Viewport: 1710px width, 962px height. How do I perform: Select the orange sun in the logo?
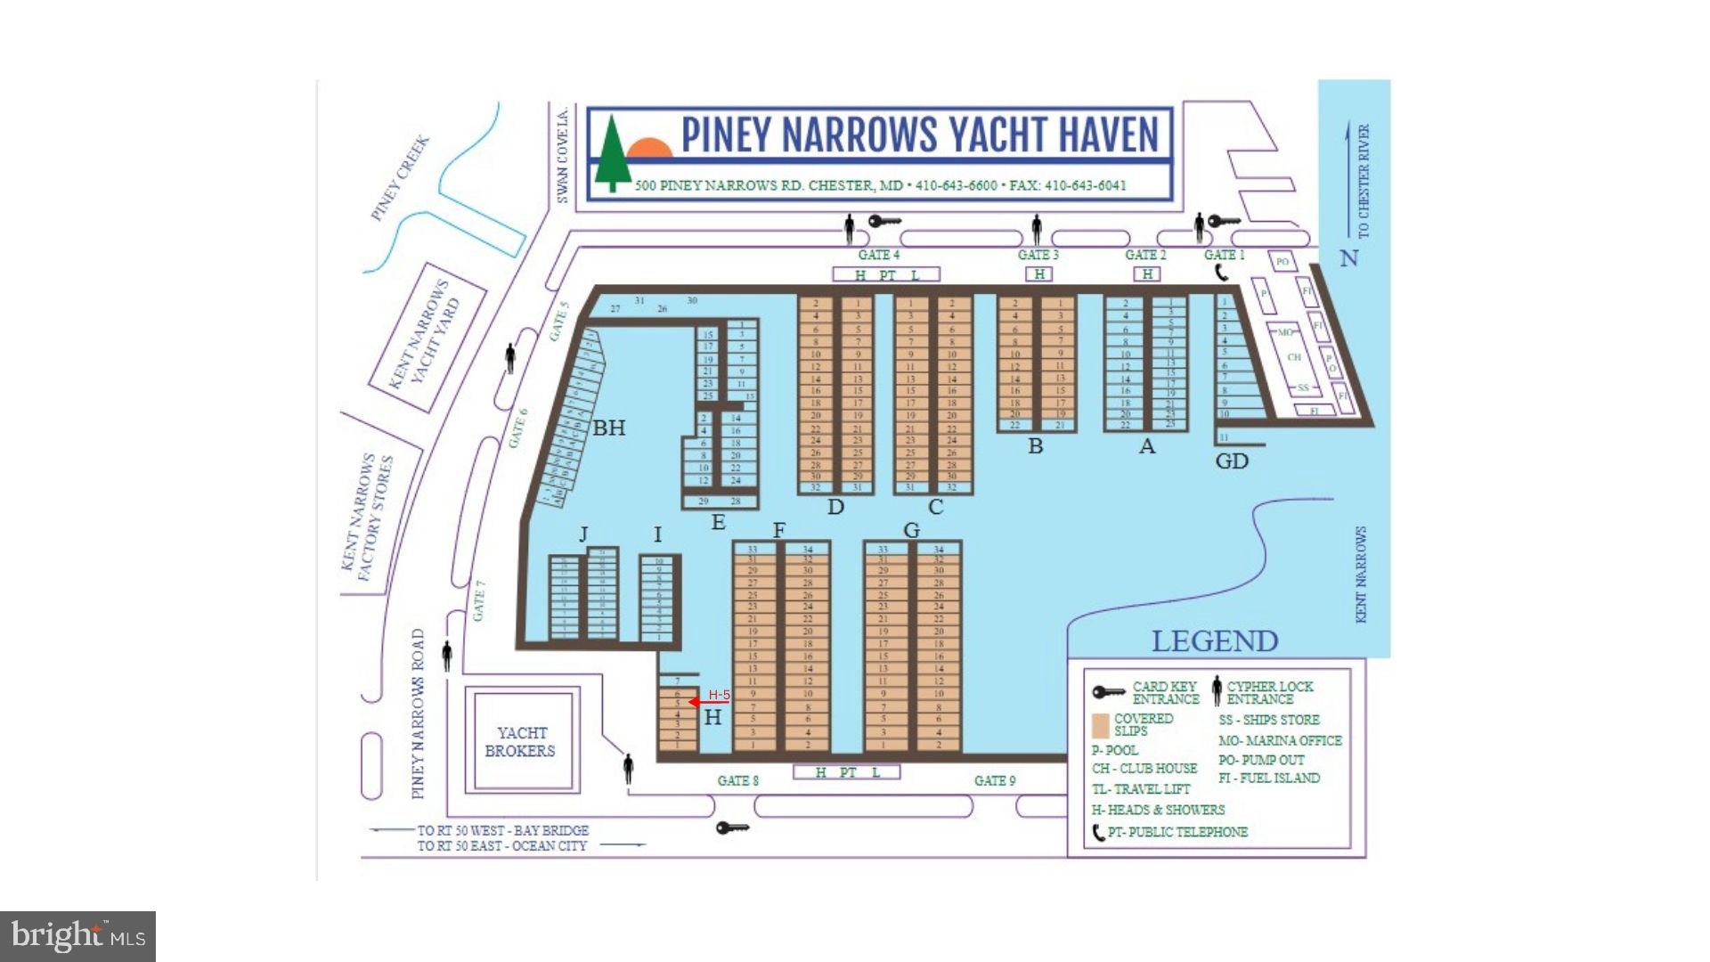650,148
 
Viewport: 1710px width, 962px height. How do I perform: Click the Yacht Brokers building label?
521,741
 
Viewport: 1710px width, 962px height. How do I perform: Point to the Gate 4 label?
878,255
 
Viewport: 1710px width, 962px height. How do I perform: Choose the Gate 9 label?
994,780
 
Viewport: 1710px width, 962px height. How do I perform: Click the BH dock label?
609,428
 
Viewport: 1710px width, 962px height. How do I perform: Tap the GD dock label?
1232,461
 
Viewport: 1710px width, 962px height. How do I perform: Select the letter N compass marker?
1349,258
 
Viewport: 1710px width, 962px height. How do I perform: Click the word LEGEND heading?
1214,640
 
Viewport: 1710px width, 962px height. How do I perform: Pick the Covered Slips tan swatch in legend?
1101,725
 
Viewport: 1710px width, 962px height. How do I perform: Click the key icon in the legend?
1108,692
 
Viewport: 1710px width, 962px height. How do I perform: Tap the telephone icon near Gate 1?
1222,272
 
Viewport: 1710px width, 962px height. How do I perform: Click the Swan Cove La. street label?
562,157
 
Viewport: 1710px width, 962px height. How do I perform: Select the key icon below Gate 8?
732,828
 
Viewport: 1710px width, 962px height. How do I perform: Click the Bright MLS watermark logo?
78,936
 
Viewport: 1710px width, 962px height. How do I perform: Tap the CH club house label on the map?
1294,357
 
